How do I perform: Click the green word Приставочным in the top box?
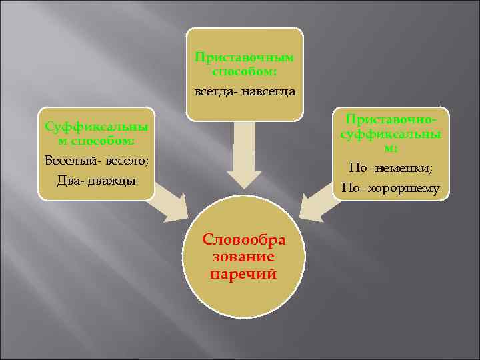pyautogui.click(x=245, y=58)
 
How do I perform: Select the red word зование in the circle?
pyautogui.click(x=244, y=257)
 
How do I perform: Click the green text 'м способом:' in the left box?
pyautogui.click(x=97, y=141)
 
